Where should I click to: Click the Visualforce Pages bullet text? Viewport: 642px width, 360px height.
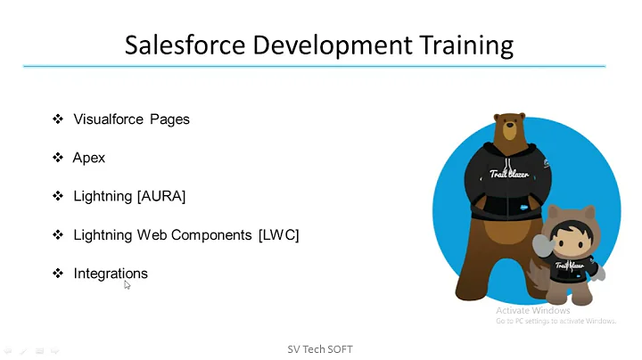(x=131, y=119)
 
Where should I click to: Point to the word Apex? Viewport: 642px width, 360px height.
(x=89, y=158)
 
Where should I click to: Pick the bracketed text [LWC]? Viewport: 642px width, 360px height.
(x=278, y=235)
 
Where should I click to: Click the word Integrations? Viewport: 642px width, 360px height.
(x=111, y=274)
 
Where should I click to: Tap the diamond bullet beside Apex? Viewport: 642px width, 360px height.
(x=58, y=158)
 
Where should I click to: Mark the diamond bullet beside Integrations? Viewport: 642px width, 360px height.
(x=58, y=274)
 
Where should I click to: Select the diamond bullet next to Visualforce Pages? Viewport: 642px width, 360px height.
(x=58, y=119)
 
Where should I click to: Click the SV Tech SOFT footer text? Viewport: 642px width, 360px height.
(x=319, y=349)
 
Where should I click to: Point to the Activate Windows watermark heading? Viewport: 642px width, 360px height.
(x=532, y=310)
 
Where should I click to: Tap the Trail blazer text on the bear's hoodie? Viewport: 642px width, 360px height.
(x=509, y=175)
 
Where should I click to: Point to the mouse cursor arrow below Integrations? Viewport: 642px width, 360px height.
(x=127, y=284)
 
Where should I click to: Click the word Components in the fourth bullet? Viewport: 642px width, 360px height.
(x=212, y=235)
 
